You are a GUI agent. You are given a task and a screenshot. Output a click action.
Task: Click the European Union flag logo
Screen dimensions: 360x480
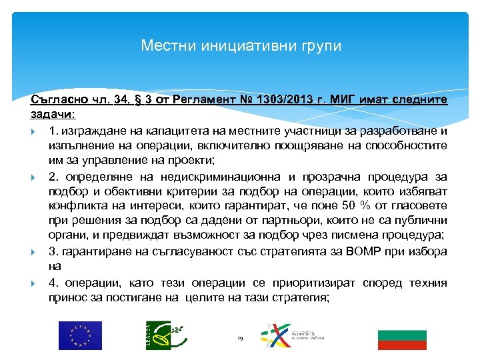coord(80,335)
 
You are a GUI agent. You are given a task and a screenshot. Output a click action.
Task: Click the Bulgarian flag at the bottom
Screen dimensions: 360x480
coord(402,339)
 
